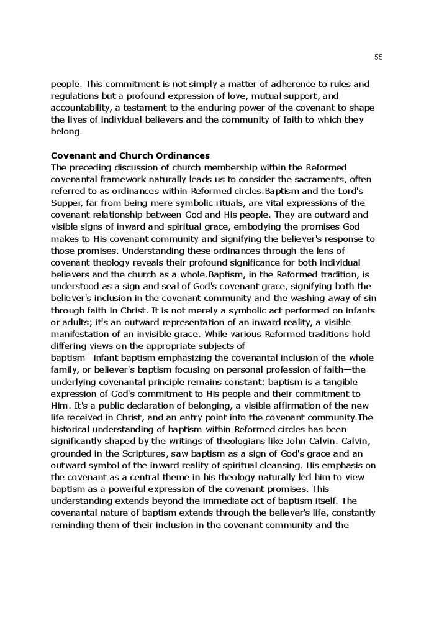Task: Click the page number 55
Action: pos(379,57)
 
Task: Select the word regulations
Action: pos(75,96)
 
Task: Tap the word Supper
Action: pos(65,203)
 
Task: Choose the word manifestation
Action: pos(81,334)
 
